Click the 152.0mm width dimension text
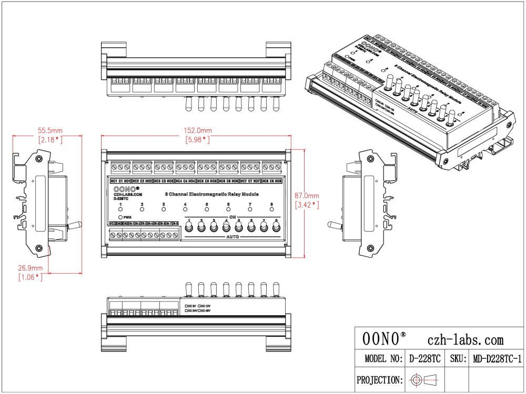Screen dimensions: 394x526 pos(198,130)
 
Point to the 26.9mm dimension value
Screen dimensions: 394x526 pos(31,267)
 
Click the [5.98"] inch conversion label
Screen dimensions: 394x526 pos(198,140)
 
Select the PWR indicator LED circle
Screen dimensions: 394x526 pos(120,216)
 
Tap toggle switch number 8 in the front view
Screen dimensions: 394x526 pos(276,227)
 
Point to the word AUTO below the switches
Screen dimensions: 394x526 pos(232,237)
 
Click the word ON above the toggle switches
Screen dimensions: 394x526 pos(232,216)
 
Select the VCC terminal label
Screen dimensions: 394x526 pos(113,223)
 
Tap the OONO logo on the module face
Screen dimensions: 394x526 pos(124,188)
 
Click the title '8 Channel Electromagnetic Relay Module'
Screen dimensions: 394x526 pos(201,194)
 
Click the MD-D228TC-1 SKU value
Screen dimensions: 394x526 pos(496,359)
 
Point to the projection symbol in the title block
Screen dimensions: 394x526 pos(426,379)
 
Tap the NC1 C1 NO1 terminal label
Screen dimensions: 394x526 pos(120,181)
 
